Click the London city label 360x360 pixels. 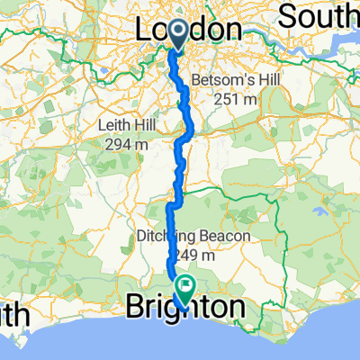coord(189,30)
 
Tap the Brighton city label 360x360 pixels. coord(184,309)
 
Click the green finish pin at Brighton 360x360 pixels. coord(186,288)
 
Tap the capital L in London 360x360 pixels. coord(145,30)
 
